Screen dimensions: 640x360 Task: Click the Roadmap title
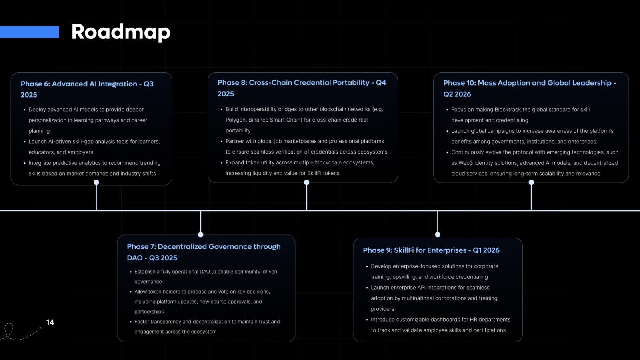121,32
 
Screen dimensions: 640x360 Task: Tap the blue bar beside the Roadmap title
30,32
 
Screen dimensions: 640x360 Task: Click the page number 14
50,322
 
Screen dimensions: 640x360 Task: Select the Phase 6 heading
87,89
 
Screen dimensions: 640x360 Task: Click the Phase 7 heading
204,252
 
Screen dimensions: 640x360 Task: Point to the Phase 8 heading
302,88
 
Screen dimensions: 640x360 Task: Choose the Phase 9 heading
431,250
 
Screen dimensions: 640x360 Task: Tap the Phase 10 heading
530,88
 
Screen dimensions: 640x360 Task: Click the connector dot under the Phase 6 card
96,182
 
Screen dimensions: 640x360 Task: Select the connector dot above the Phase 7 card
200,234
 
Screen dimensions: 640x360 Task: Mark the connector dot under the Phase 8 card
306,182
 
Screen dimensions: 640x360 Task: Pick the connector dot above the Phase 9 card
438,234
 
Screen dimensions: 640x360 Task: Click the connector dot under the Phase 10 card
531,182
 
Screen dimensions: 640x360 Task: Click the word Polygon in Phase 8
236,120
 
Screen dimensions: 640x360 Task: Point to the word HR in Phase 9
474,320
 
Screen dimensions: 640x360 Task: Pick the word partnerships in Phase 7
149,312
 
